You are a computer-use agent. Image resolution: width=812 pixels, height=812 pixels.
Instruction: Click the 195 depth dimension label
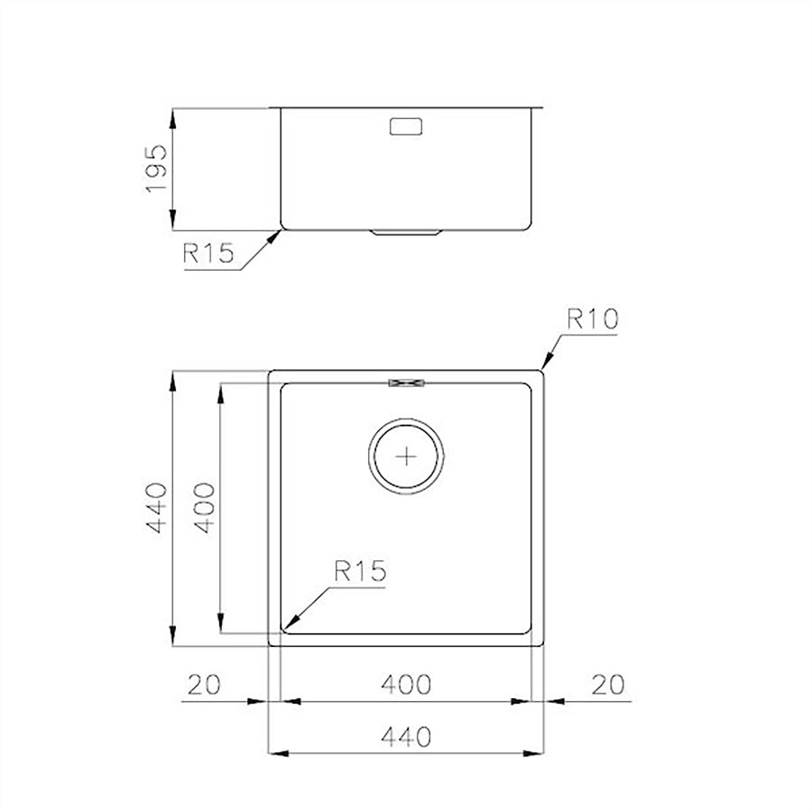[x=156, y=169]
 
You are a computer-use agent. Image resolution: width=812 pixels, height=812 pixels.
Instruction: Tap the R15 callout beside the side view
[x=208, y=254]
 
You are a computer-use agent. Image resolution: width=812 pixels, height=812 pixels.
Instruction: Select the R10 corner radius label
[x=593, y=319]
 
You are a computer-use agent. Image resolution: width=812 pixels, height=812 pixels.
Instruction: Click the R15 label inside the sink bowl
[x=360, y=571]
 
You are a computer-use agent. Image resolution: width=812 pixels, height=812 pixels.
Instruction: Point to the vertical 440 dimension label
[x=156, y=508]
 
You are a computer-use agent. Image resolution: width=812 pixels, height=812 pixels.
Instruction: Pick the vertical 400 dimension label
[x=204, y=508]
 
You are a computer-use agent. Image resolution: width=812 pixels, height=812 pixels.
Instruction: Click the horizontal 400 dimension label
[x=406, y=685]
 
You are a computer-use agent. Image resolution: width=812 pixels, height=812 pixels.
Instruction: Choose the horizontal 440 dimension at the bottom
[x=406, y=736]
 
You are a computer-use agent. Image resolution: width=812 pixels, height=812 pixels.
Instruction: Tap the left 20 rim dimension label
[x=204, y=685]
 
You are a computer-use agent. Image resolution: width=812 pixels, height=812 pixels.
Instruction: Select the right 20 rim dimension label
[x=608, y=685]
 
